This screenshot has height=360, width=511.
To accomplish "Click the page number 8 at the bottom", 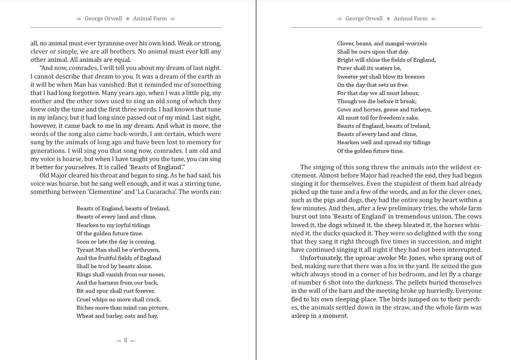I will click(126, 340).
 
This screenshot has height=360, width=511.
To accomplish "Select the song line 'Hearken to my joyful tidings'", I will click(113, 225).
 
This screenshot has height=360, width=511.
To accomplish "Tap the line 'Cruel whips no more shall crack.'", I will click(118, 299).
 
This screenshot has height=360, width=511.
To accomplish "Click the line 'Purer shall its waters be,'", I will click(369, 68).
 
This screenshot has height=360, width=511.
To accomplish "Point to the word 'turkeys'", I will click(420, 109).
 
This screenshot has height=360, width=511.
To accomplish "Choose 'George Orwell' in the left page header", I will click(103, 18).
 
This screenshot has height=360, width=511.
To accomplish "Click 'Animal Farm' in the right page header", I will click(411, 18).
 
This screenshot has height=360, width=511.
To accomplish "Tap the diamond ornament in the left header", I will click(127, 19).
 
